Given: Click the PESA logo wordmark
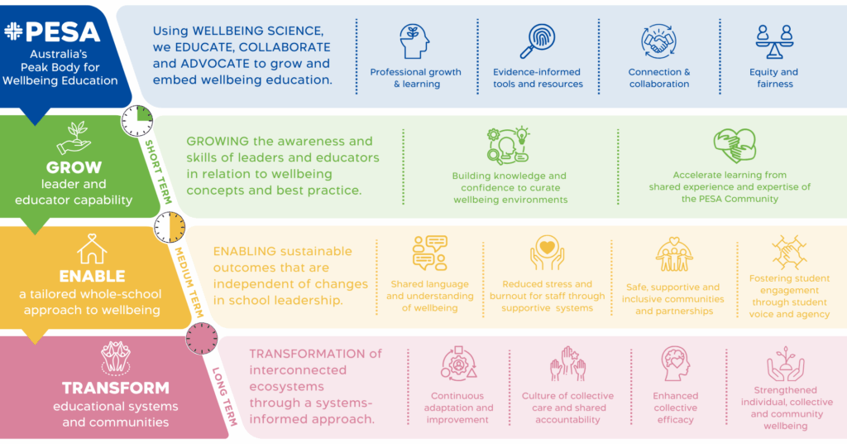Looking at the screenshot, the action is [52, 32].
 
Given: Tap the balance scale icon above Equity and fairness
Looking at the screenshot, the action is [774, 41].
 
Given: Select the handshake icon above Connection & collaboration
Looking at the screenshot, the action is [658, 41].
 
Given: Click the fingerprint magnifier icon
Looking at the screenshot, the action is [538, 41].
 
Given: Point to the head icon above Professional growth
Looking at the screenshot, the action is [415, 41].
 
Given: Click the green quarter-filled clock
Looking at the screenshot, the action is [137, 121].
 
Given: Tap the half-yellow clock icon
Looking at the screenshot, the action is [170, 227].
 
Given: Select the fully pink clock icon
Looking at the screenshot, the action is [202, 339].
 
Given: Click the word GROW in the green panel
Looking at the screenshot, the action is [74, 167].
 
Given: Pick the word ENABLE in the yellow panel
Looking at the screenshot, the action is [93, 277].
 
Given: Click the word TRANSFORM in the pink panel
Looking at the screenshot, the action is [116, 388].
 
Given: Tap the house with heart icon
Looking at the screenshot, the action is [92, 249].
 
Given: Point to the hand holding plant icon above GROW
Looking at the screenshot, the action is [74, 138].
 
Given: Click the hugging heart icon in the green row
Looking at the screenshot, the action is [735, 146].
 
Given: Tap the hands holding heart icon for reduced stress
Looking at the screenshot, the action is [548, 253].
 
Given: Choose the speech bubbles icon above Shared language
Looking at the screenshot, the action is [430, 253].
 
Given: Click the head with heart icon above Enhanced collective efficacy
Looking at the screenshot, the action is [675, 364].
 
